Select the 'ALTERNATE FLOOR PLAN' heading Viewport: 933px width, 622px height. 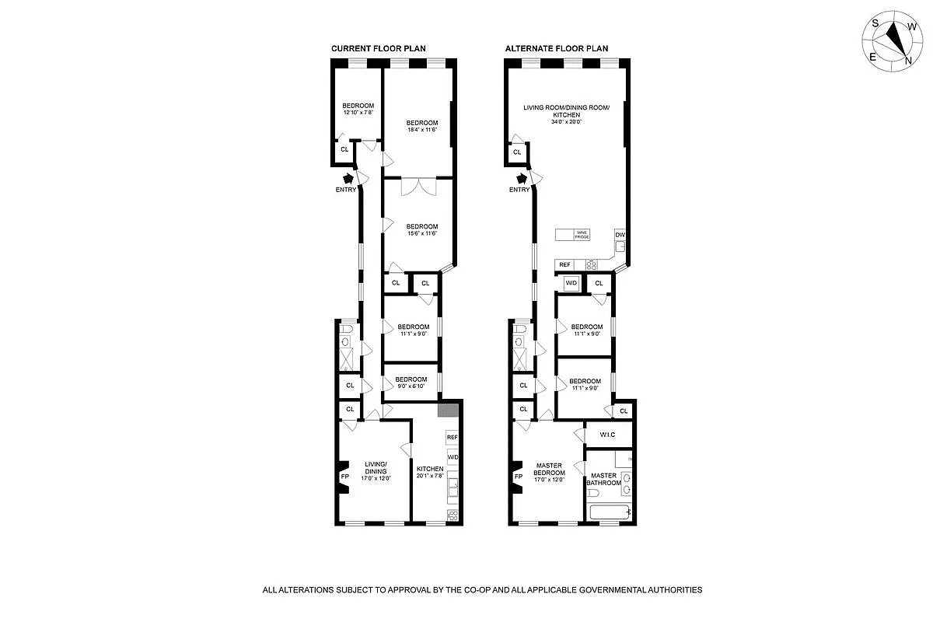point(556,48)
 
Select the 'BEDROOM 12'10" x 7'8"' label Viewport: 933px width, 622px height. point(358,109)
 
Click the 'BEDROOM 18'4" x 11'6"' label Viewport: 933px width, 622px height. point(422,126)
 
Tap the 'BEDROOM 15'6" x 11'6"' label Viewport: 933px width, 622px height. point(422,229)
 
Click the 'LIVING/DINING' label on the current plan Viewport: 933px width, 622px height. point(375,470)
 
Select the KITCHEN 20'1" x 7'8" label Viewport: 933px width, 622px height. point(430,472)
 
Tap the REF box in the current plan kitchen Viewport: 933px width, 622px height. point(452,438)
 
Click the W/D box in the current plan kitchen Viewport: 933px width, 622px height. point(452,457)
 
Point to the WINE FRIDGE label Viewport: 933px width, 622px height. point(580,235)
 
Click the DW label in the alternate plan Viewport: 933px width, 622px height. point(620,234)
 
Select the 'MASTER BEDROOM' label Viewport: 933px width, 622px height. point(549,472)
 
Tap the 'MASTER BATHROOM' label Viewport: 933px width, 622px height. point(606,479)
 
